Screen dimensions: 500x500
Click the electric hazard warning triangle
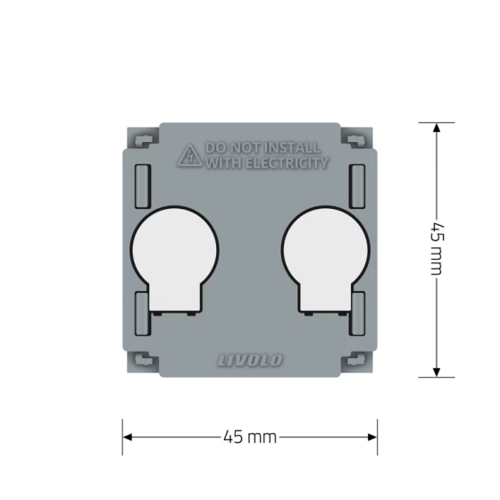point(189,155)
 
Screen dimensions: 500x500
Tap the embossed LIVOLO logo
point(250,361)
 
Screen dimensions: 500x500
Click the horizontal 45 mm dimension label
point(250,437)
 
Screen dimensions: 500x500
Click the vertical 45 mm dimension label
point(437,249)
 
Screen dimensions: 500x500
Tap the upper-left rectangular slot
point(143,187)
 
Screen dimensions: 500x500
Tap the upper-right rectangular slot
point(357,187)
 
